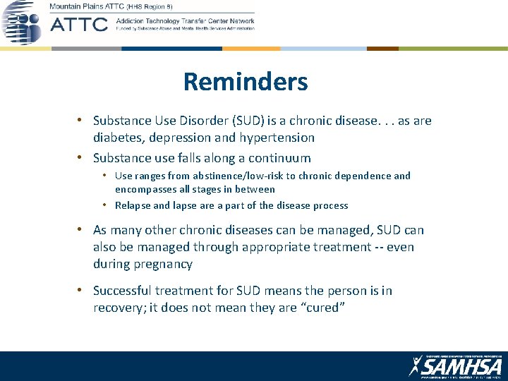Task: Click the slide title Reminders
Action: (246, 82)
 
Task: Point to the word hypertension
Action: (276, 138)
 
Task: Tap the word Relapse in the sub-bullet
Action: (133, 205)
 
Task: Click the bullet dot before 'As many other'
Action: (83, 230)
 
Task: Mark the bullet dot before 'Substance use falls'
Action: (83, 158)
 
